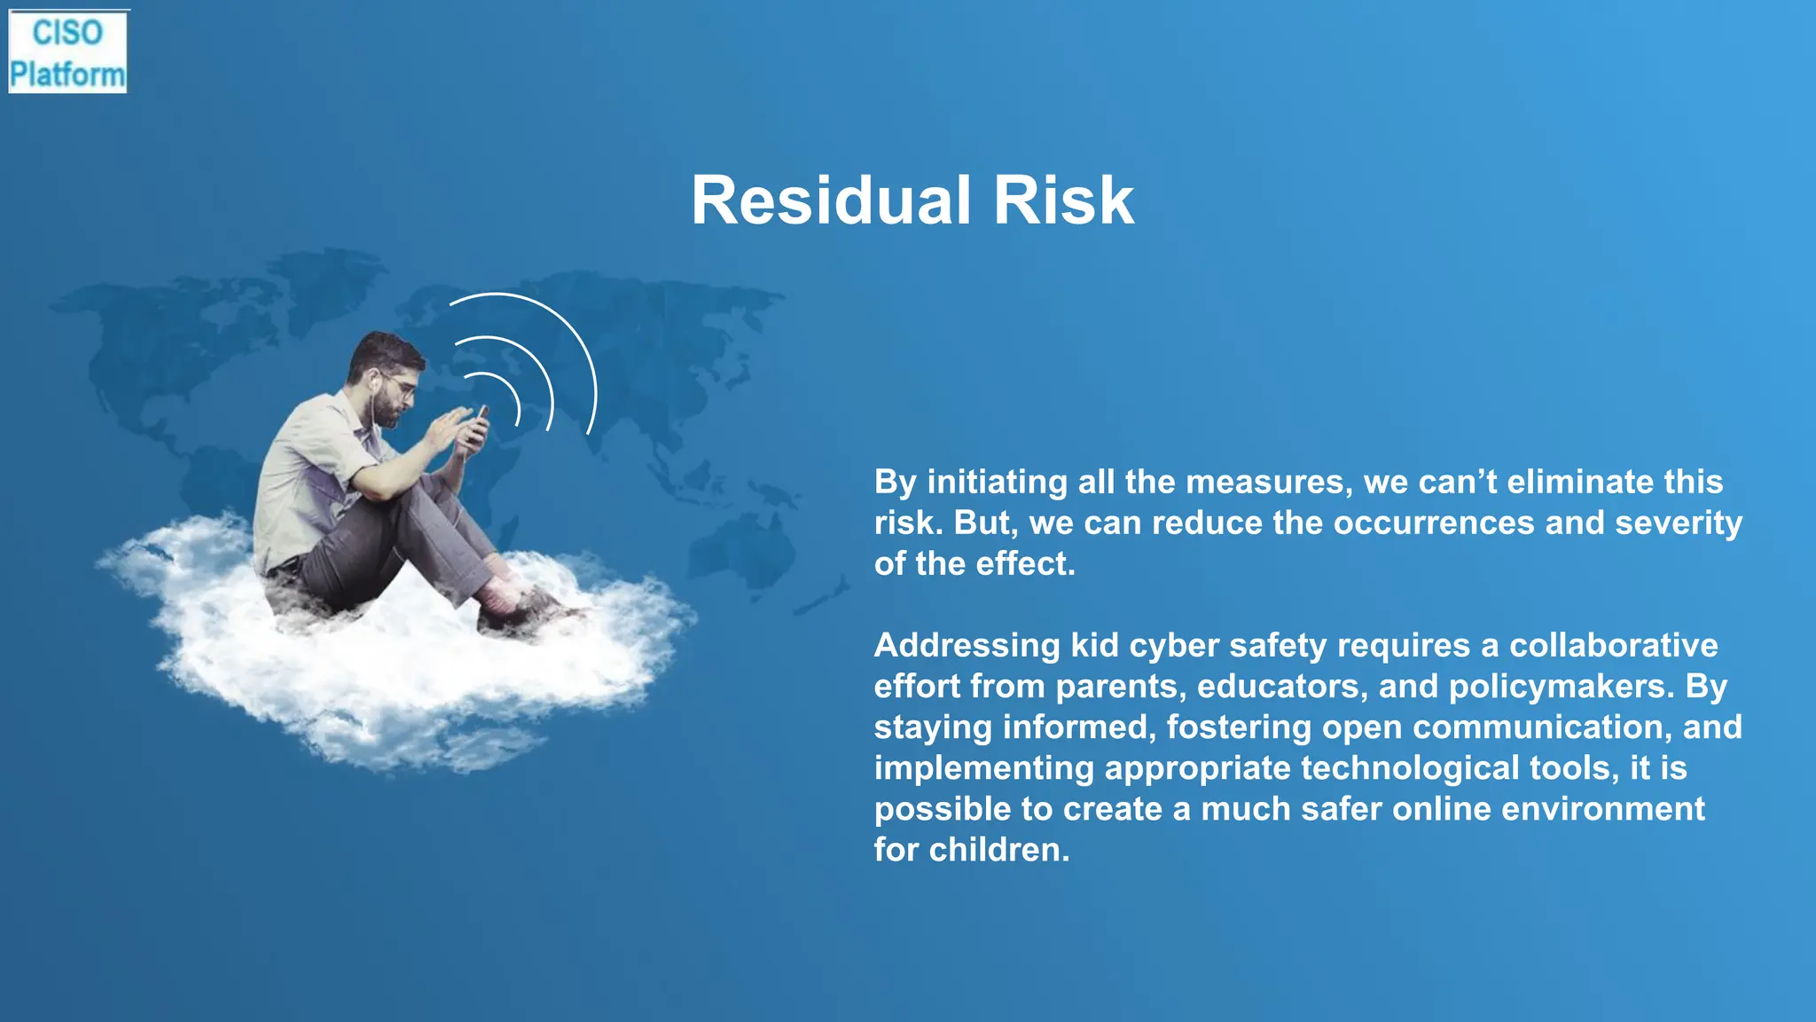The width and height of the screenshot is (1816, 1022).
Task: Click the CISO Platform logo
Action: [67, 52]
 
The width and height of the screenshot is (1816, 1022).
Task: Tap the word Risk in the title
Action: [1063, 200]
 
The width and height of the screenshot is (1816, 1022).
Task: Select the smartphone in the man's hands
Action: [481, 422]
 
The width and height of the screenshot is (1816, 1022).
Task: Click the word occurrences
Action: [1434, 523]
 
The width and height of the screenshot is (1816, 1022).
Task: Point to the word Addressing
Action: [967, 645]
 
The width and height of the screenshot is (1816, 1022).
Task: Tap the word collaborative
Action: [1613, 645]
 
